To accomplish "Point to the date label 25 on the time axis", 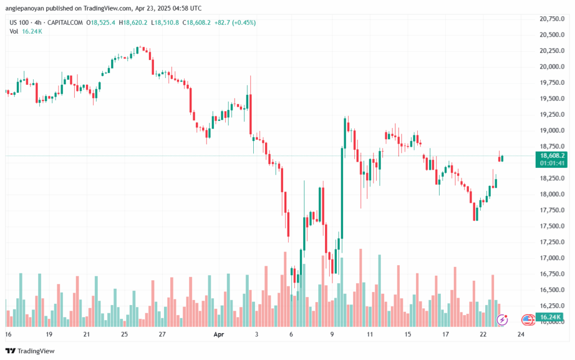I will (124, 334).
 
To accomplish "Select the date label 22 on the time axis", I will (483, 334).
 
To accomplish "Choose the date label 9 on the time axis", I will (332, 334).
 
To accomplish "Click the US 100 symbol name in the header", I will (20, 22).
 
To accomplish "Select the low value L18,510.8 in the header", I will (167, 22).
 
